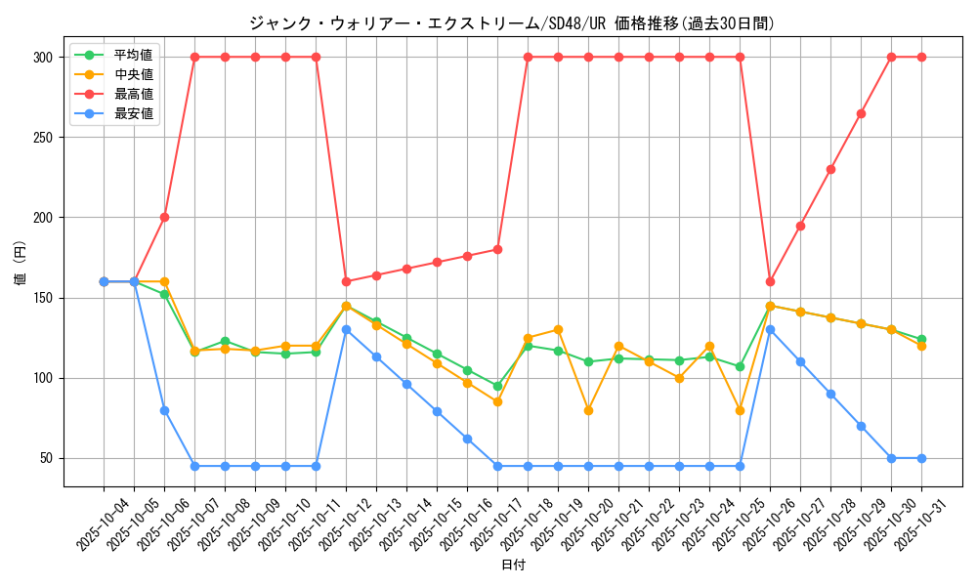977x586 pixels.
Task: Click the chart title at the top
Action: pyautogui.click(x=512, y=23)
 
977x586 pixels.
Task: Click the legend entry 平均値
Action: pyautogui.click(x=133, y=55)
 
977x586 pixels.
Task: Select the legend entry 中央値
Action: pyautogui.click(x=133, y=74)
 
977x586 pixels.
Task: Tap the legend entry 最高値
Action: pyautogui.click(x=133, y=94)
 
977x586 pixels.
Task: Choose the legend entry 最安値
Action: pyautogui.click(x=133, y=113)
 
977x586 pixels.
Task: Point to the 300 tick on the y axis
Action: pyautogui.click(x=41, y=57)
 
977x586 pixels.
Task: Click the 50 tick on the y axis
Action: pyautogui.click(x=45, y=458)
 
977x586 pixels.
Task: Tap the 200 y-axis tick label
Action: pyautogui.click(x=41, y=218)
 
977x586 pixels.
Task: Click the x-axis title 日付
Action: pyautogui.click(x=513, y=565)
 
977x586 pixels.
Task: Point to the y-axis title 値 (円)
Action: pyautogui.click(x=20, y=265)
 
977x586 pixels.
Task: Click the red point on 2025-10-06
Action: pyautogui.click(x=164, y=217)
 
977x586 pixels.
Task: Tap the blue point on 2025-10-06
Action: pyautogui.click(x=164, y=410)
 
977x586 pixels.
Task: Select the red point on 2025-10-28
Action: pyautogui.click(x=830, y=169)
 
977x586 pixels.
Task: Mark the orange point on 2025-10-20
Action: pyautogui.click(x=588, y=410)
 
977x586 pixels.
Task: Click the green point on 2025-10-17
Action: pyautogui.click(x=497, y=386)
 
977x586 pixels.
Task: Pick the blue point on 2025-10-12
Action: pyautogui.click(x=346, y=329)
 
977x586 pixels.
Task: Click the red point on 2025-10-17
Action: pyautogui.click(x=497, y=249)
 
